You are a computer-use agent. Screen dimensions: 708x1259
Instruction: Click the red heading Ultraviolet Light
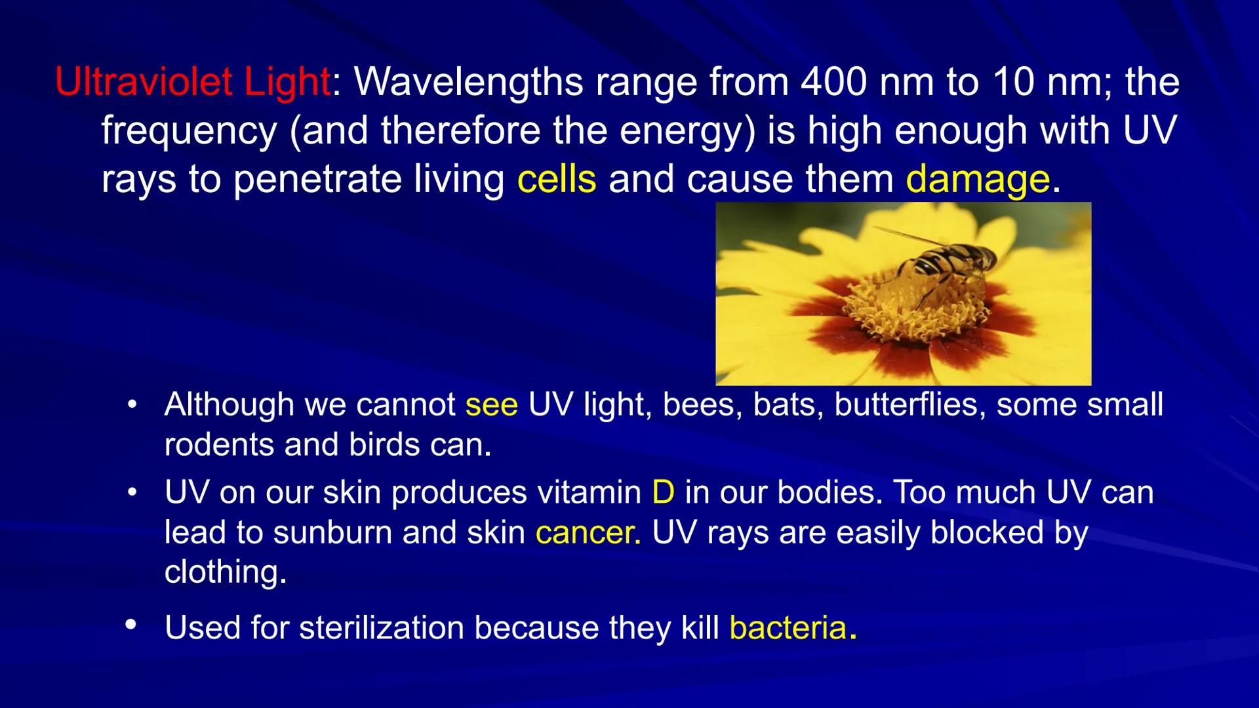[192, 83]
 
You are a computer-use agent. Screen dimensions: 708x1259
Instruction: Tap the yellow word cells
[556, 179]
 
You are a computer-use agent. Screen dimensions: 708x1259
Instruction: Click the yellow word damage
[977, 180]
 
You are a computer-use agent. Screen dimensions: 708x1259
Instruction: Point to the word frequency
[189, 131]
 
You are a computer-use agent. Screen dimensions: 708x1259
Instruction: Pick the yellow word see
[491, 405]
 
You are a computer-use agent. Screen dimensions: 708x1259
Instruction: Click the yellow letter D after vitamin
[663, 492]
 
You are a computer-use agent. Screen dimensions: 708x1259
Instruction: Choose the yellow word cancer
[586, 532]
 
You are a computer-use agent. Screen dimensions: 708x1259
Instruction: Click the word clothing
[224, 572]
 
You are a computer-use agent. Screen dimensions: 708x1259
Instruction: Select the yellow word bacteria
[788, 628]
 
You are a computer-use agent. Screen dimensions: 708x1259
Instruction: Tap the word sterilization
[382, 628]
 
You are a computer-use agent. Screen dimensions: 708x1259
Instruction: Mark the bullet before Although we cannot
[132, 404]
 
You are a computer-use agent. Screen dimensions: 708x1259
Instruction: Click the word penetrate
[317, 179]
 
